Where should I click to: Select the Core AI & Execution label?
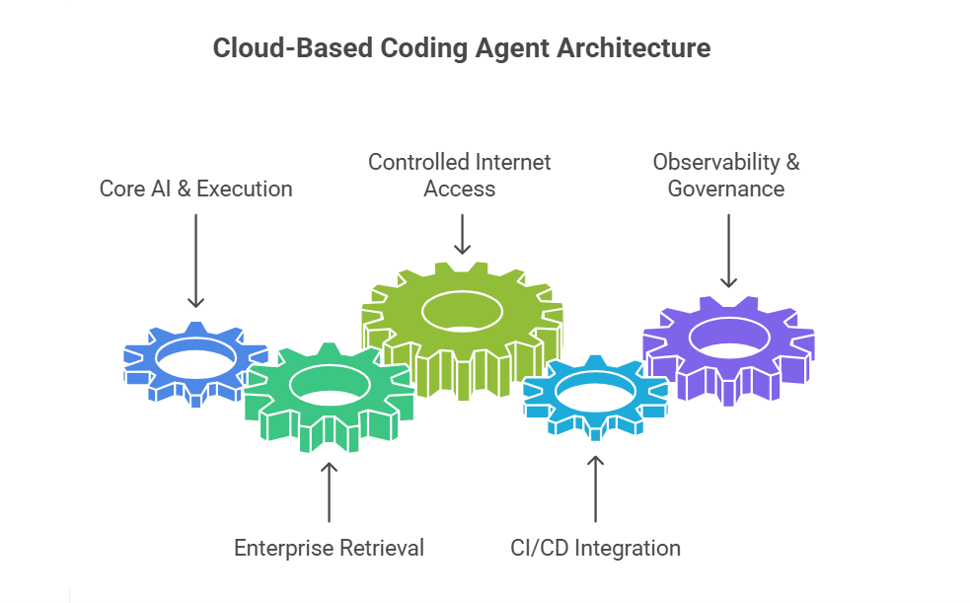coord(195,188)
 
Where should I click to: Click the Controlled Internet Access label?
coord(460,175)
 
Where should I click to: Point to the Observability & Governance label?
coord(726,175)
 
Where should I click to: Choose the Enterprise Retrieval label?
coord(329,547)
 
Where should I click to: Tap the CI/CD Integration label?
coord(595,547)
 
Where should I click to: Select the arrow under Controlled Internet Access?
coord(460,236)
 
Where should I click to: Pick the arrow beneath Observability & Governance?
coord(727,251)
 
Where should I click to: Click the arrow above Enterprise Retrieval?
coord(329,490)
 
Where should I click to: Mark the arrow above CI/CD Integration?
coord(595,488)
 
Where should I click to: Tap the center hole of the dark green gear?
coord(329,386)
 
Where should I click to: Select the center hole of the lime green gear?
coord(461,312)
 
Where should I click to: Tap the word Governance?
coord(726,188)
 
